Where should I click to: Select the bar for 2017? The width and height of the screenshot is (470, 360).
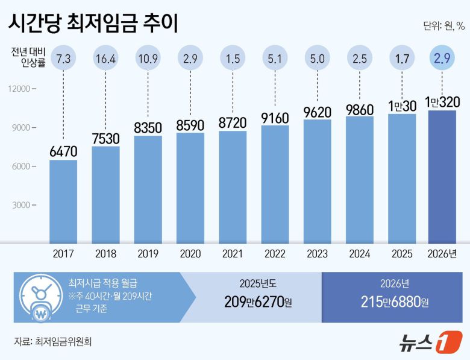coord(63,202)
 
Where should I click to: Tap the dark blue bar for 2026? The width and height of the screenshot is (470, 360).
coord(442,178)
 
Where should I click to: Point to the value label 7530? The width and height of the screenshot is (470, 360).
coord(105,137)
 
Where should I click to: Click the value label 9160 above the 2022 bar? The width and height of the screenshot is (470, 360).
coord(275,116)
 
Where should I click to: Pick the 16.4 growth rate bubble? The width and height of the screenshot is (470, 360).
coord(105,59)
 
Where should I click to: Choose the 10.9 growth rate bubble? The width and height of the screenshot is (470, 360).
coord(148,59)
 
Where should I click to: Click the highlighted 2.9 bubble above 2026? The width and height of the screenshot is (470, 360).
coord(443,59)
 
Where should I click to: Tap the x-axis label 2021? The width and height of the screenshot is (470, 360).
coord(232,254)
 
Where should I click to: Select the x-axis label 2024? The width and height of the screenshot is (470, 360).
coord(359,254)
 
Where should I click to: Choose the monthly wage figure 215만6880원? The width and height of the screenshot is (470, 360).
coord(395,302)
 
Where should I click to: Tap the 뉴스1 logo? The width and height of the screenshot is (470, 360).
coord(430,342)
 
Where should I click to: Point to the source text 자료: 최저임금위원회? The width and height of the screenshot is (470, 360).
coord(53,341)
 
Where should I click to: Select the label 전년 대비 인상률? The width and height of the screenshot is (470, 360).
coord(27,59)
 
